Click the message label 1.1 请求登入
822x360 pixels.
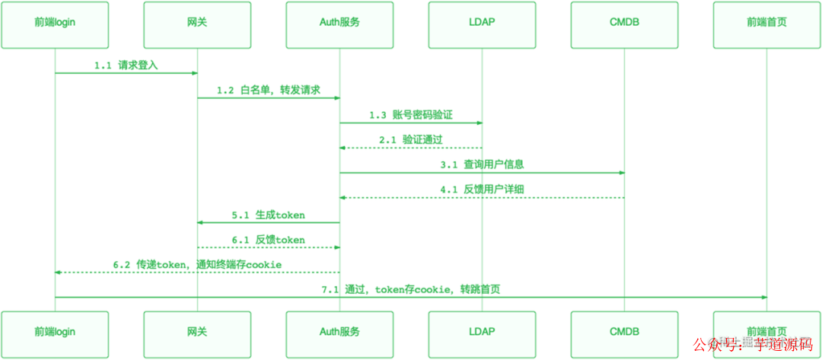tap(126, 65)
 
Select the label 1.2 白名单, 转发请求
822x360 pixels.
tap(268, 91)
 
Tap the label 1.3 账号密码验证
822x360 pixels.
tap(411, 115)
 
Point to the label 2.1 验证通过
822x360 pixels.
tap(411, 140)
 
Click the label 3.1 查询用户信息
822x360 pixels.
tap(482, 164)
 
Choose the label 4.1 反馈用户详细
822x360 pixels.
tap(482, 190)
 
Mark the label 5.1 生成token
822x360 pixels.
tap(268, 215)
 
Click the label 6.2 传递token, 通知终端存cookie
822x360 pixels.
tap(197, 264)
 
